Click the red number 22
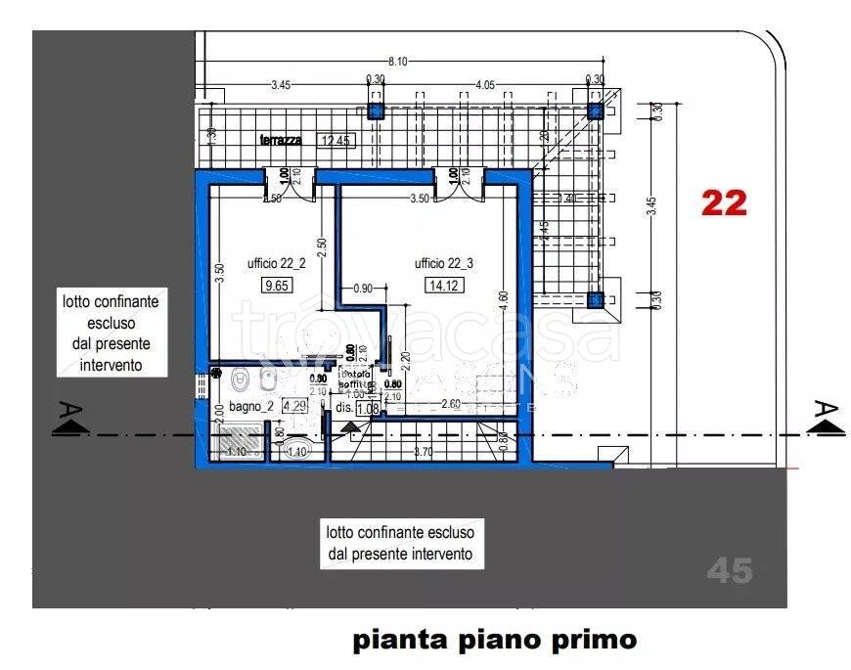coord(724,202)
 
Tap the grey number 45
coord(730,570)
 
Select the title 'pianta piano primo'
coord(494,641)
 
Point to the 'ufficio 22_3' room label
coord(443,263)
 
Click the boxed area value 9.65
coord(251,287)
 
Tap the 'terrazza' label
coord(281,140)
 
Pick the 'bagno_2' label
coord(249,406)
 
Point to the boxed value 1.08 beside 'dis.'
coord(367,408)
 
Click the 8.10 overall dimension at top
coord(397,61)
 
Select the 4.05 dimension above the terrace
coord(484,85)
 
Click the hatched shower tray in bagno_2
coord(238,443)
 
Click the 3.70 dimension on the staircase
coord(423,452)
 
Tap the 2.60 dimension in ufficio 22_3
coord(452,403)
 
